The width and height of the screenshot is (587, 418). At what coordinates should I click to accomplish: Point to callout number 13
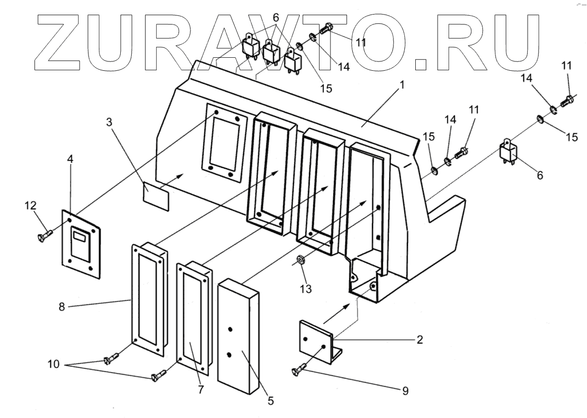click(x=307, y=287)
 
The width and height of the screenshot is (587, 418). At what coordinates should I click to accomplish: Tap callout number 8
click(x=61, y=307)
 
